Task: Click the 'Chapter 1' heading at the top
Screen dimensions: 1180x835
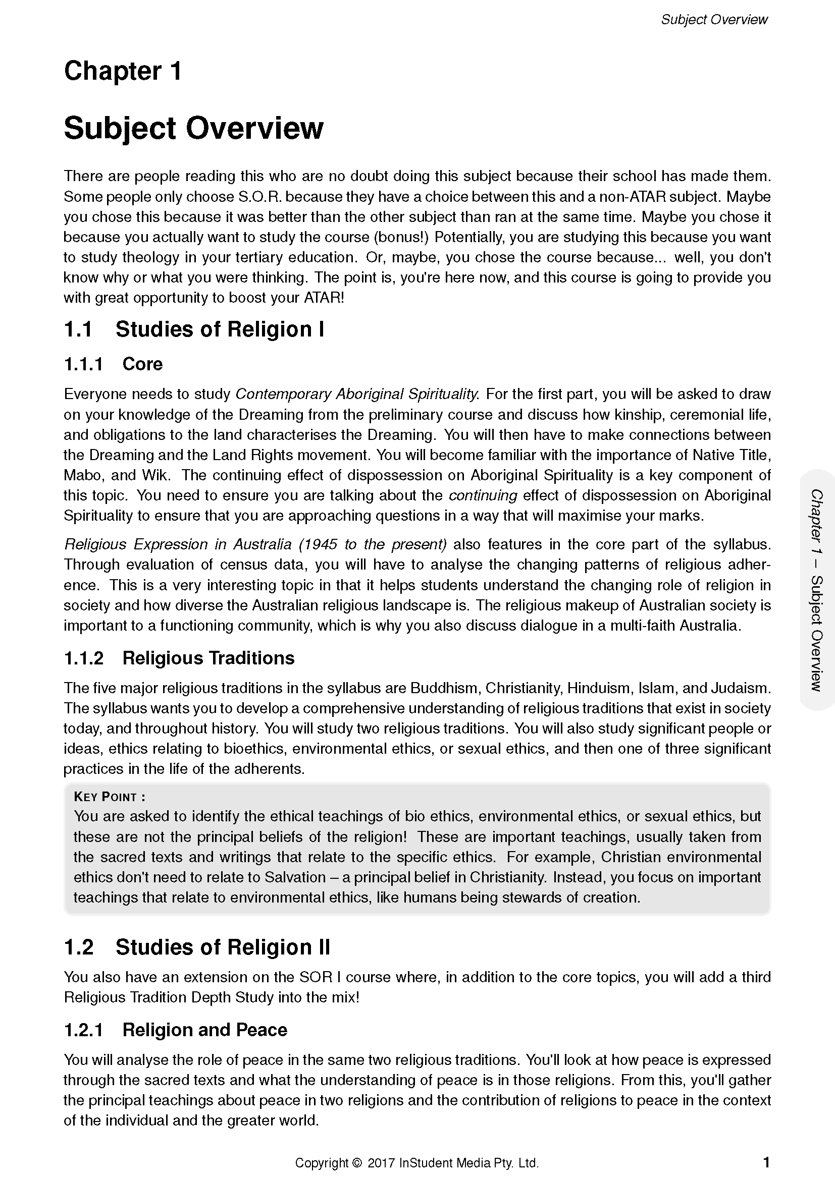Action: (123, 71)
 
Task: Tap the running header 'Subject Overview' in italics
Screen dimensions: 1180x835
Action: (714, 20)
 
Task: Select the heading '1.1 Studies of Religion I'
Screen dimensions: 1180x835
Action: (194, 329)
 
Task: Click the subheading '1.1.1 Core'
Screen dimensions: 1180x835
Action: (113, 364)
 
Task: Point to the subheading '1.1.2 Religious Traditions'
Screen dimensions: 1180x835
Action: (179, 658)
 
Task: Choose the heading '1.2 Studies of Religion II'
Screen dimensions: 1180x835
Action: (197, 946)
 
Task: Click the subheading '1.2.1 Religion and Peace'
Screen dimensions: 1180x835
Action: (175, 1030)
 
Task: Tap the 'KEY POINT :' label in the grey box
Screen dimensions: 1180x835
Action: (110, 797)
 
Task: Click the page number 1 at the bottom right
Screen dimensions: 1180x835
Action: (766, 1162)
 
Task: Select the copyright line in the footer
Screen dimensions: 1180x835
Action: (416, 1163)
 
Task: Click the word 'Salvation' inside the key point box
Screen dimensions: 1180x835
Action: (295, 877)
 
